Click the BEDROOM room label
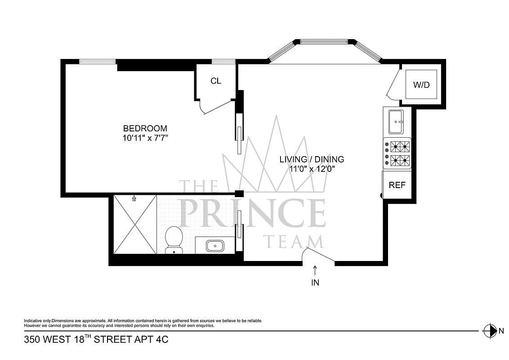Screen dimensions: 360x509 [145, 128]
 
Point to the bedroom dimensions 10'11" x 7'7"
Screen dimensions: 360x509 [145, 138]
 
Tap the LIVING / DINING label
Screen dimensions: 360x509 [312, 159]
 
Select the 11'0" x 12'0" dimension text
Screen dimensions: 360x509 [312, 169]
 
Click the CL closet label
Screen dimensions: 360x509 [216, 81]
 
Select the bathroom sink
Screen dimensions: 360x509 [215, 246]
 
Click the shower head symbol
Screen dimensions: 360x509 [134, 198]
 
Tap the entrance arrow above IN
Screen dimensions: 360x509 [315, 270]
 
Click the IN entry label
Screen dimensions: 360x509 [315, 283]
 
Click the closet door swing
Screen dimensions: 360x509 [214, 108]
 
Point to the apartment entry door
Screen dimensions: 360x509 [319, 255]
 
